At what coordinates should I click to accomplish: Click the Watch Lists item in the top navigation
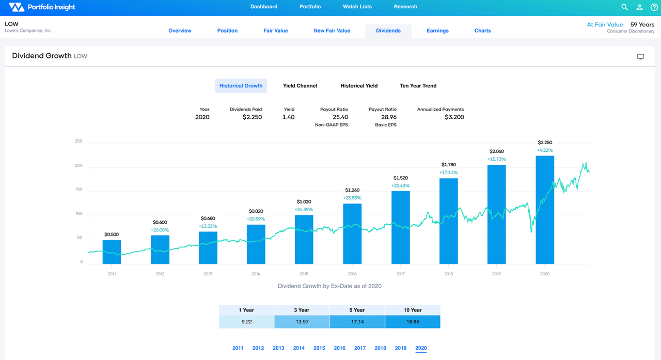tap(357, 7)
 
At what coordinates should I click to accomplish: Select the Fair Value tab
tap(275, 30)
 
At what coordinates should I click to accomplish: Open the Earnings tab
tap(437, 30)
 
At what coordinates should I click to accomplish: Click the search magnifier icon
tap(624, 7)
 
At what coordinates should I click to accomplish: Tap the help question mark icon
tap(654, 7)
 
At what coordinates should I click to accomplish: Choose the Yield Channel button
tap(300, 86)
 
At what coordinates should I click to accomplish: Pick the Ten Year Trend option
tap(418, 86)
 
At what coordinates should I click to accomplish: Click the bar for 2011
tap(112, 252)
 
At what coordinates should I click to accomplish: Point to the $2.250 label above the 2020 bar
tap(545, 143)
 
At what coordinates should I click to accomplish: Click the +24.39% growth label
tap(304, 210)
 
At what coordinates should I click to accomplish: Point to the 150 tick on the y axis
tap(78, 190)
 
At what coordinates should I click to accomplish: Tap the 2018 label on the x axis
tap(448, 274)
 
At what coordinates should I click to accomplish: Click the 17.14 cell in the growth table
tap(357, 322)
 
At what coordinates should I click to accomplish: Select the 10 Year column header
tap(412, 310)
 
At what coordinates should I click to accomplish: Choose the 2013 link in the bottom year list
tap(278, 348)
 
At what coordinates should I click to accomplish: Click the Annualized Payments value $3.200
tap(454, 117)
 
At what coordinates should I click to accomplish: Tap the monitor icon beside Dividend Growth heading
tap(640, 56)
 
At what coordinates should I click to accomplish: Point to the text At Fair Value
tap(605, 25)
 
